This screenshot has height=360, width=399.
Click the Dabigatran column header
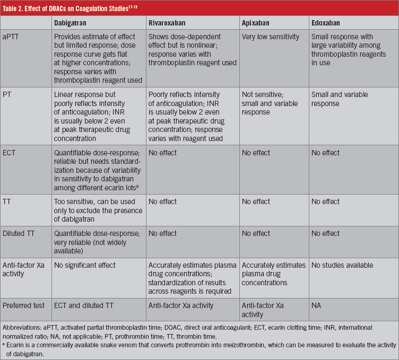(73, 23)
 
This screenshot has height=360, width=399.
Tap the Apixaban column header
(258, 23)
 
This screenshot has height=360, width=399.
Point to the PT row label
(10, 95)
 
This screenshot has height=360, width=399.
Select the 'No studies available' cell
(343, 265)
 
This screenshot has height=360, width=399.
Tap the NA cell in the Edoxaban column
(317, 305)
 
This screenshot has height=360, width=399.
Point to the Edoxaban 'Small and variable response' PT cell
(340, 99)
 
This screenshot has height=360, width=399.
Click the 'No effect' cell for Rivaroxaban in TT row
(163, 201)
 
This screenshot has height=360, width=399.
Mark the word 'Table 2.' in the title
(17, 7)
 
